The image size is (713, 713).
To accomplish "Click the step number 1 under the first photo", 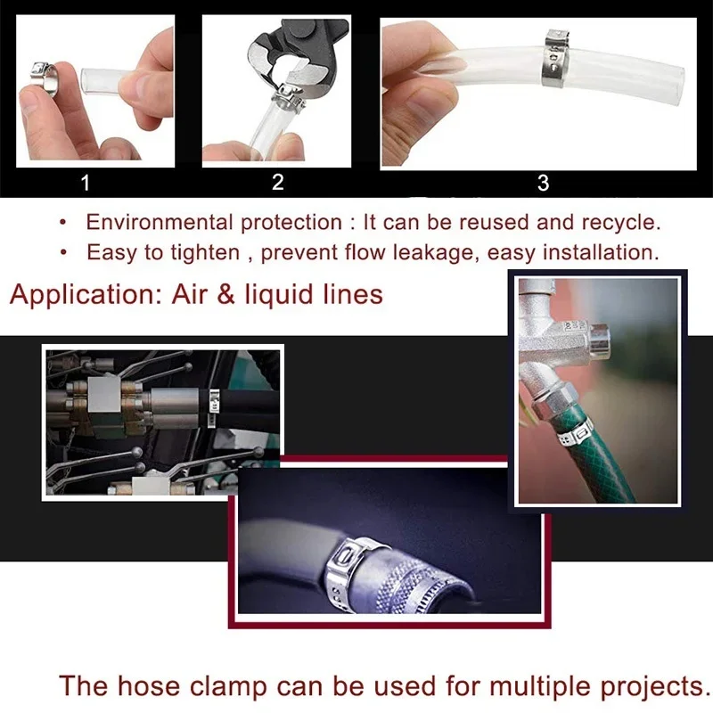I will tap(86, 184).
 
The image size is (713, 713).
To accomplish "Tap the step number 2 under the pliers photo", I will tap(278, 183).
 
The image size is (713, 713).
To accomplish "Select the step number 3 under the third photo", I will tap(543, 184).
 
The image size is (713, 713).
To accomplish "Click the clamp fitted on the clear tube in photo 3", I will tap(557, 58).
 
